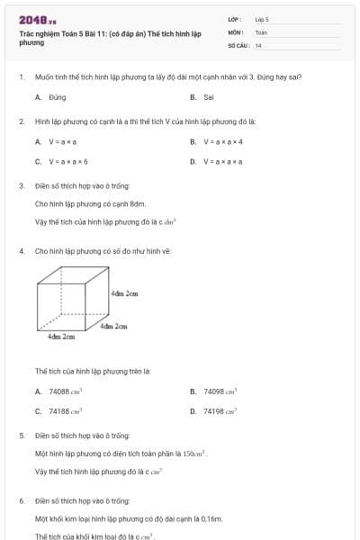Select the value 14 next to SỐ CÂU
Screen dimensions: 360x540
coord(259,44)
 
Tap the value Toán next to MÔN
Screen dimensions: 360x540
coord(261,31)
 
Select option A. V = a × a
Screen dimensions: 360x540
coord(57,141)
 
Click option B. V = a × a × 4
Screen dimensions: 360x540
coord(217,141)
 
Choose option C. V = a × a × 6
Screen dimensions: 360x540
coord(62,162)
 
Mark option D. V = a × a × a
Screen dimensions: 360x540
coord(217,162)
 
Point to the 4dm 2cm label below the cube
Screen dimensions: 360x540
coord(61,337)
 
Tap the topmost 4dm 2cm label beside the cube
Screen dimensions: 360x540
coord(124,293)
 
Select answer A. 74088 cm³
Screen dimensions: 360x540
coord(59,391)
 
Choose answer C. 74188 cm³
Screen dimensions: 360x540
coord(59,411)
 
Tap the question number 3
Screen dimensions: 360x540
coord(21,186)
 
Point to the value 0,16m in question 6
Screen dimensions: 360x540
coord(211,518)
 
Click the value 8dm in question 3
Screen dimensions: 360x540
coord(138,203)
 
